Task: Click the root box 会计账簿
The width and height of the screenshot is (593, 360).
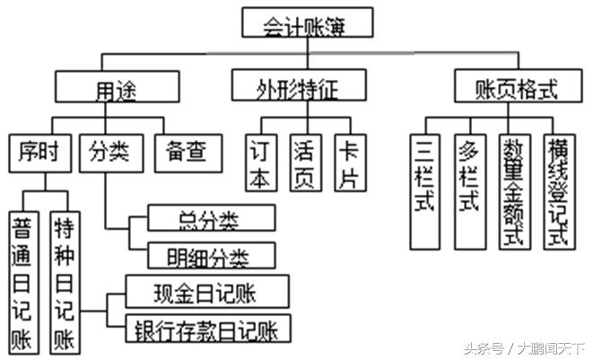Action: (x=307, y=22)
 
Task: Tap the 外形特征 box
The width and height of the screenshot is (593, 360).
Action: (x=300, y=87)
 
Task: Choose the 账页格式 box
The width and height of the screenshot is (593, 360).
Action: (x=516, y=89)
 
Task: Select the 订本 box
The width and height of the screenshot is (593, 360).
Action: (x=261, y=163)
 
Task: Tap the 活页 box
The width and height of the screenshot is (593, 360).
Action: (x=306, y=163)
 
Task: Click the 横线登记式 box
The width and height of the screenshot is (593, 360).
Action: (x=558, y=191)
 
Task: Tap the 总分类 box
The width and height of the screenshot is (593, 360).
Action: (x=210, y=219)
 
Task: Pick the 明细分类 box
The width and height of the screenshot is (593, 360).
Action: (x=210, y=256)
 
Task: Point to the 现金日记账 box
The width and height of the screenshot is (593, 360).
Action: (x=207, y=292)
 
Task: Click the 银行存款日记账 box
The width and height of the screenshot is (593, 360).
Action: (x=207, y=329)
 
